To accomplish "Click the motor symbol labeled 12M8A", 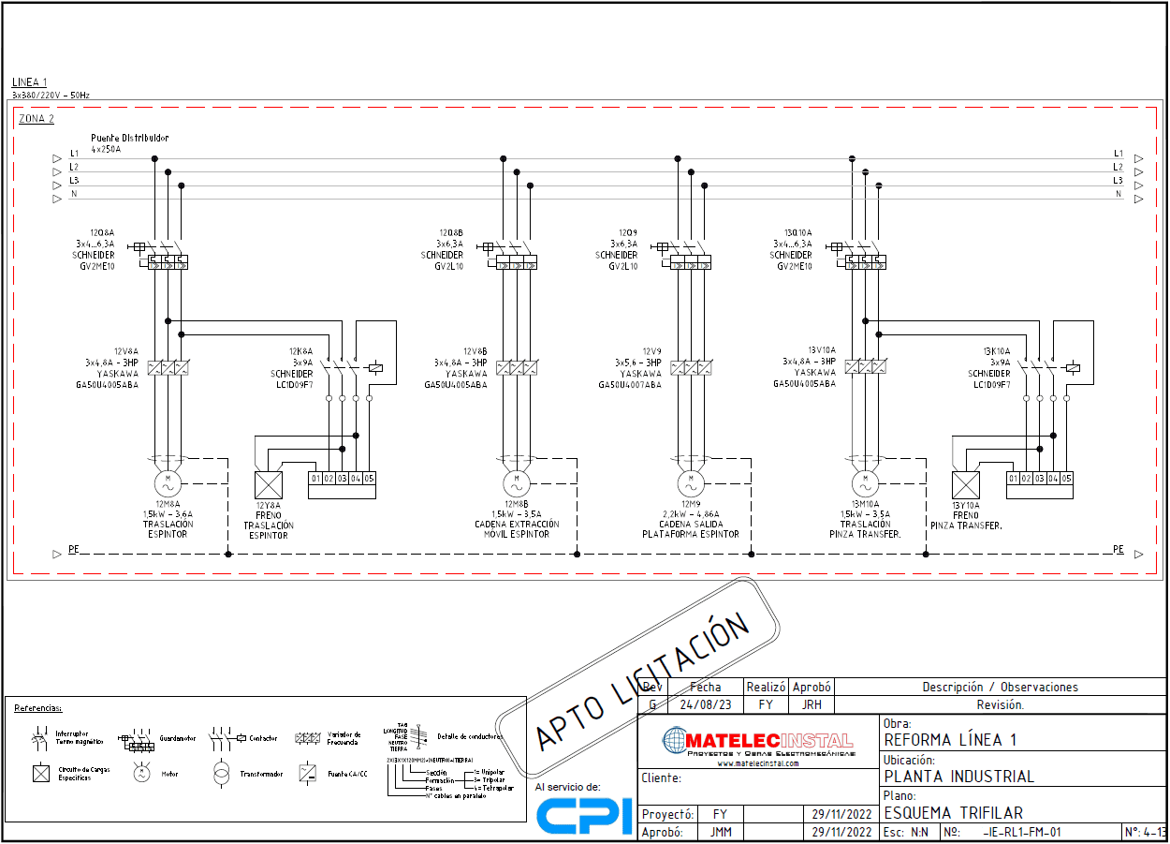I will [168, 483].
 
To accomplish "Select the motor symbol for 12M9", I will [692, 483].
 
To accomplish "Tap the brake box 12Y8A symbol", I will [269, 485].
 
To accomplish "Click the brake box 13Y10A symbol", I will [965, 485].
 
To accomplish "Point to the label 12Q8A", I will [101, 232].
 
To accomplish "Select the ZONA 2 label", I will [37, 119].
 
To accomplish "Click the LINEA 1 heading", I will [29, 82].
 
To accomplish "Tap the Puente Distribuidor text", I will [130, 138].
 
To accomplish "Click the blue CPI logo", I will [584, 816].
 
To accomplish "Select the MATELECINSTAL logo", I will [757, 742].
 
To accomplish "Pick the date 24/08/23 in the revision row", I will [705, 704].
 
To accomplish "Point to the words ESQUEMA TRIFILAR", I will [953, 813].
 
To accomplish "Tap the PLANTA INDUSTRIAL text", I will [959, 777].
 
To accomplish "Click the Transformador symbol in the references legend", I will [221, 774].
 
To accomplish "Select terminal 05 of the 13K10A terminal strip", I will [1066, 479].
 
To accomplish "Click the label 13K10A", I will [996, 351].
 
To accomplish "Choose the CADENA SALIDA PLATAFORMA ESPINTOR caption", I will [691, 529].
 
